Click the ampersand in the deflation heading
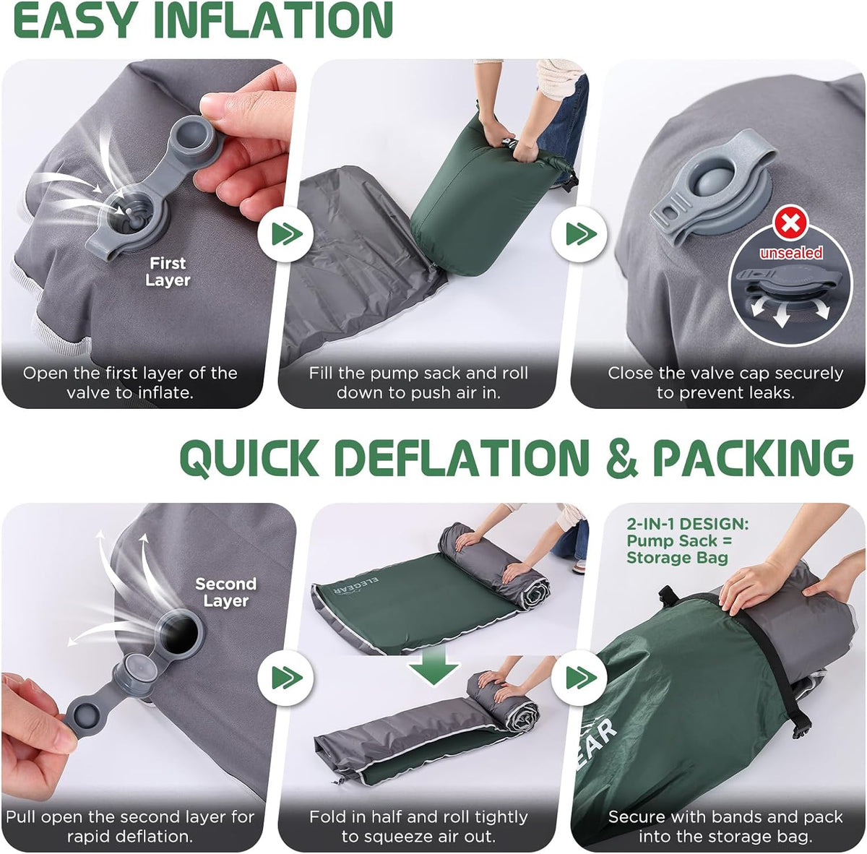pos(621,458)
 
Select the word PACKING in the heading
pos(753,458)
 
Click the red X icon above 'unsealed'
pos(789,223)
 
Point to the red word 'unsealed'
pos(791,253)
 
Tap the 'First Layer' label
pos(168,272)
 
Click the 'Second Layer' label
pos(226,592)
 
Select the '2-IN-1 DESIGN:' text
pos(688,524)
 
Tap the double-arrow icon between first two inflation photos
pos(285,234)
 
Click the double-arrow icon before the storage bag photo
pos(579,678)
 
